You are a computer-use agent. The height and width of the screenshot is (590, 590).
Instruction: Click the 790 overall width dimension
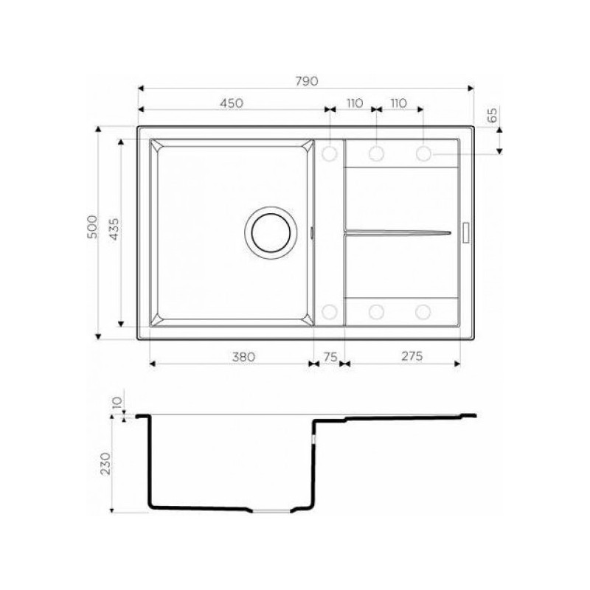point(307,81)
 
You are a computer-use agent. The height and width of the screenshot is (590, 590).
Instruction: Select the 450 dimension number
point(232,103)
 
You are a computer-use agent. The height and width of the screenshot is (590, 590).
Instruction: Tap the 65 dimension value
point(492,115)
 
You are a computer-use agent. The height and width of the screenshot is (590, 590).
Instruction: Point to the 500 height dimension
point(92,227)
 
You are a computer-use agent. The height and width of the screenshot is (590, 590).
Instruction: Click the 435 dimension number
point(114,229)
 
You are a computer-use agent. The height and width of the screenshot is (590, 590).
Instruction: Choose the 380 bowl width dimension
point(243,357)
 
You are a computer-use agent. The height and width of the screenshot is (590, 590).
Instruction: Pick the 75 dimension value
point(330,357)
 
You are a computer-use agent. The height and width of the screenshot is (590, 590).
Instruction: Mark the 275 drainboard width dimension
point(412,356)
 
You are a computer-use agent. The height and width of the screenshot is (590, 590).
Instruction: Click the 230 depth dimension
point(106,464)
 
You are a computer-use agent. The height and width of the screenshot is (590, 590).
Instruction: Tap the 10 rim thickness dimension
point(118,403)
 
